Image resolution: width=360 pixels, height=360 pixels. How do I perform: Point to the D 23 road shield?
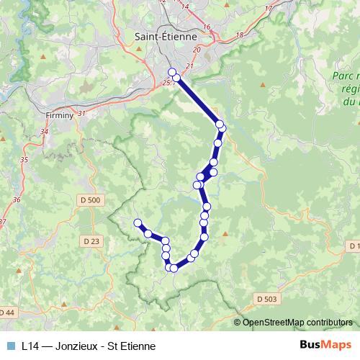tap(91, 241)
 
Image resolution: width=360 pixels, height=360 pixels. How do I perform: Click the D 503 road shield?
tap(266, 297)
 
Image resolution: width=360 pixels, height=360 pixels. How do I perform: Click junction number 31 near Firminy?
tap(81, 113)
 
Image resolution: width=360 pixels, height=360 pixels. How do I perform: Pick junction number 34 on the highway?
tap(45, 132)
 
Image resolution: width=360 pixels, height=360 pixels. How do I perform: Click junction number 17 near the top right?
tap(269, 8)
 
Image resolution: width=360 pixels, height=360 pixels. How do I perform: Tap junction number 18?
tap(240, 35)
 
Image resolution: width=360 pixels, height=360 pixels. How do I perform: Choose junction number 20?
tap(197, 49)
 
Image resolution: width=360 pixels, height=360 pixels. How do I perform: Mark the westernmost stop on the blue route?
tap(137, 222)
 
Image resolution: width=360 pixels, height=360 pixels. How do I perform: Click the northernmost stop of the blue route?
tap(171, 71)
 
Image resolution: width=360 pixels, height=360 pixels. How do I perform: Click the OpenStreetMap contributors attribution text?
tap(298, 323)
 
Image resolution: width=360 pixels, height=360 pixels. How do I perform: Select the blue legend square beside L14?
tap(10, 346)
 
